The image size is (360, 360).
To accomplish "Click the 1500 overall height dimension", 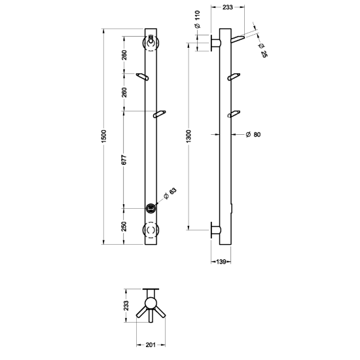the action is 104,136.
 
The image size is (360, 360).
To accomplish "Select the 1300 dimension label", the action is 189,136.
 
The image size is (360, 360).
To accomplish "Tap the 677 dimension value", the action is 124,160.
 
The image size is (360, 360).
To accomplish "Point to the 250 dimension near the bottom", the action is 124,226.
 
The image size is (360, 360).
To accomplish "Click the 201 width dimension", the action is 151,344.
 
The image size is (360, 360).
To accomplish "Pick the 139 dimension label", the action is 221,262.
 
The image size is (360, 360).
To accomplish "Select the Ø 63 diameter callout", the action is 170,194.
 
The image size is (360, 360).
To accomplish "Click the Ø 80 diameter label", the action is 253,135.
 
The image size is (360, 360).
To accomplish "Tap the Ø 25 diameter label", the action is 262,50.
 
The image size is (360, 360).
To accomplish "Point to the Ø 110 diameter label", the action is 198,19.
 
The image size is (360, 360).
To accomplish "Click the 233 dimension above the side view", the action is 228,7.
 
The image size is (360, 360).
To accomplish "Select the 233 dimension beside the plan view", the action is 126,306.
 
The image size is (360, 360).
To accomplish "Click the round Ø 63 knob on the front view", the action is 151,208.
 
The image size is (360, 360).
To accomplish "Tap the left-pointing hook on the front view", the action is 142,77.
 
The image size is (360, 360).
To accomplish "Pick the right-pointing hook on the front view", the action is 160,114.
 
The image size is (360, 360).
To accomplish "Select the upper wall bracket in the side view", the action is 215,43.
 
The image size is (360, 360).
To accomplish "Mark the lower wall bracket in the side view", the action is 215,230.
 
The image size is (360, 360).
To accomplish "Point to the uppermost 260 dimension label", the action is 124,55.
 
